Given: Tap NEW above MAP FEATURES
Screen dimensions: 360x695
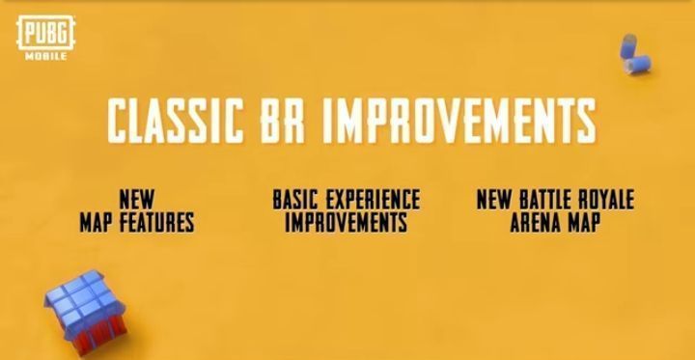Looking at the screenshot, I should [137, 200].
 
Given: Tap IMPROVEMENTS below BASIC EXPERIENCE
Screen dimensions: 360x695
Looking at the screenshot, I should [346, 222].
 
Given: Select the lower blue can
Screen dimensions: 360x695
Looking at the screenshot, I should [639, 66].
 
